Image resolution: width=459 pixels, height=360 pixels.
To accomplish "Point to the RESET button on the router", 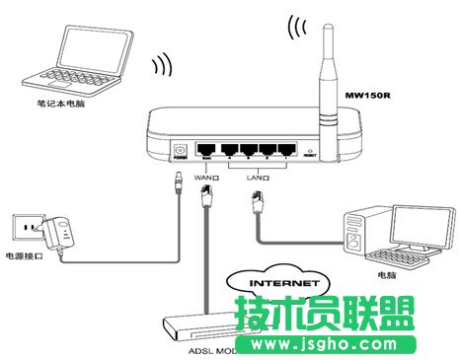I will (307, 153).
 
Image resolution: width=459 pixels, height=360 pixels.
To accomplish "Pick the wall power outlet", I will (21, 228).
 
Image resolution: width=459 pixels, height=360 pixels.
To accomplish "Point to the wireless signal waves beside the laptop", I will (159, 67).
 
